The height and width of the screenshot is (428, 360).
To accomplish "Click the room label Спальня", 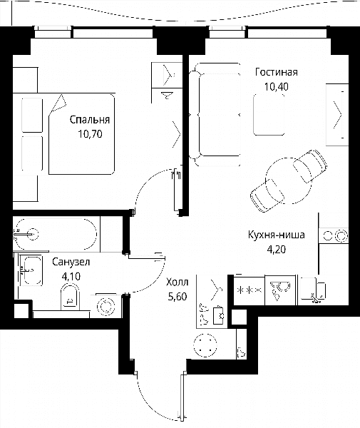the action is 90,120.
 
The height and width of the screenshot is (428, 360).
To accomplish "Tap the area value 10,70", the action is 90,134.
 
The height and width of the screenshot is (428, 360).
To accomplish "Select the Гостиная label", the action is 277,72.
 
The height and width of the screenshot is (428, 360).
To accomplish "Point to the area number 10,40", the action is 277,86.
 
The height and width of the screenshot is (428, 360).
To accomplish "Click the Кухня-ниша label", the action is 277,235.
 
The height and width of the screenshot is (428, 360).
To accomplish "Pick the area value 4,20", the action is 277,250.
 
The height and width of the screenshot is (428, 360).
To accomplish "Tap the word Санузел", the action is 71,262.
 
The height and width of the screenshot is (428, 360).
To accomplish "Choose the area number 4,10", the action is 71,277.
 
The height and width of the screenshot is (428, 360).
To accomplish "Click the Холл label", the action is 178,282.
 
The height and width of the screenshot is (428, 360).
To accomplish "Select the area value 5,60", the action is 178,297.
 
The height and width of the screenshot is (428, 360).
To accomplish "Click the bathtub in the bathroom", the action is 55,234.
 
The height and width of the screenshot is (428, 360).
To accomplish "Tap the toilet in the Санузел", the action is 70,297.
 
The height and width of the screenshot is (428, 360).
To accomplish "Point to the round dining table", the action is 288,180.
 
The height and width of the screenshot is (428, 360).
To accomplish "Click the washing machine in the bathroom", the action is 106,306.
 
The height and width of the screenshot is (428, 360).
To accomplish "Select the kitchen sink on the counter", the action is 312,290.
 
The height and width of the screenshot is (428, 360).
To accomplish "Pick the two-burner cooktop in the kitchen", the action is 334,235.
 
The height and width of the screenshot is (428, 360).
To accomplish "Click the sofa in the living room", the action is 215,114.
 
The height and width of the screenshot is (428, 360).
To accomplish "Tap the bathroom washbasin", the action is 31,271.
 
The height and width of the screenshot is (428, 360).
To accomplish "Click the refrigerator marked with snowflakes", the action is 250,290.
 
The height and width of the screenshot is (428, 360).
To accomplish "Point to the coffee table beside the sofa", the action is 269,115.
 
